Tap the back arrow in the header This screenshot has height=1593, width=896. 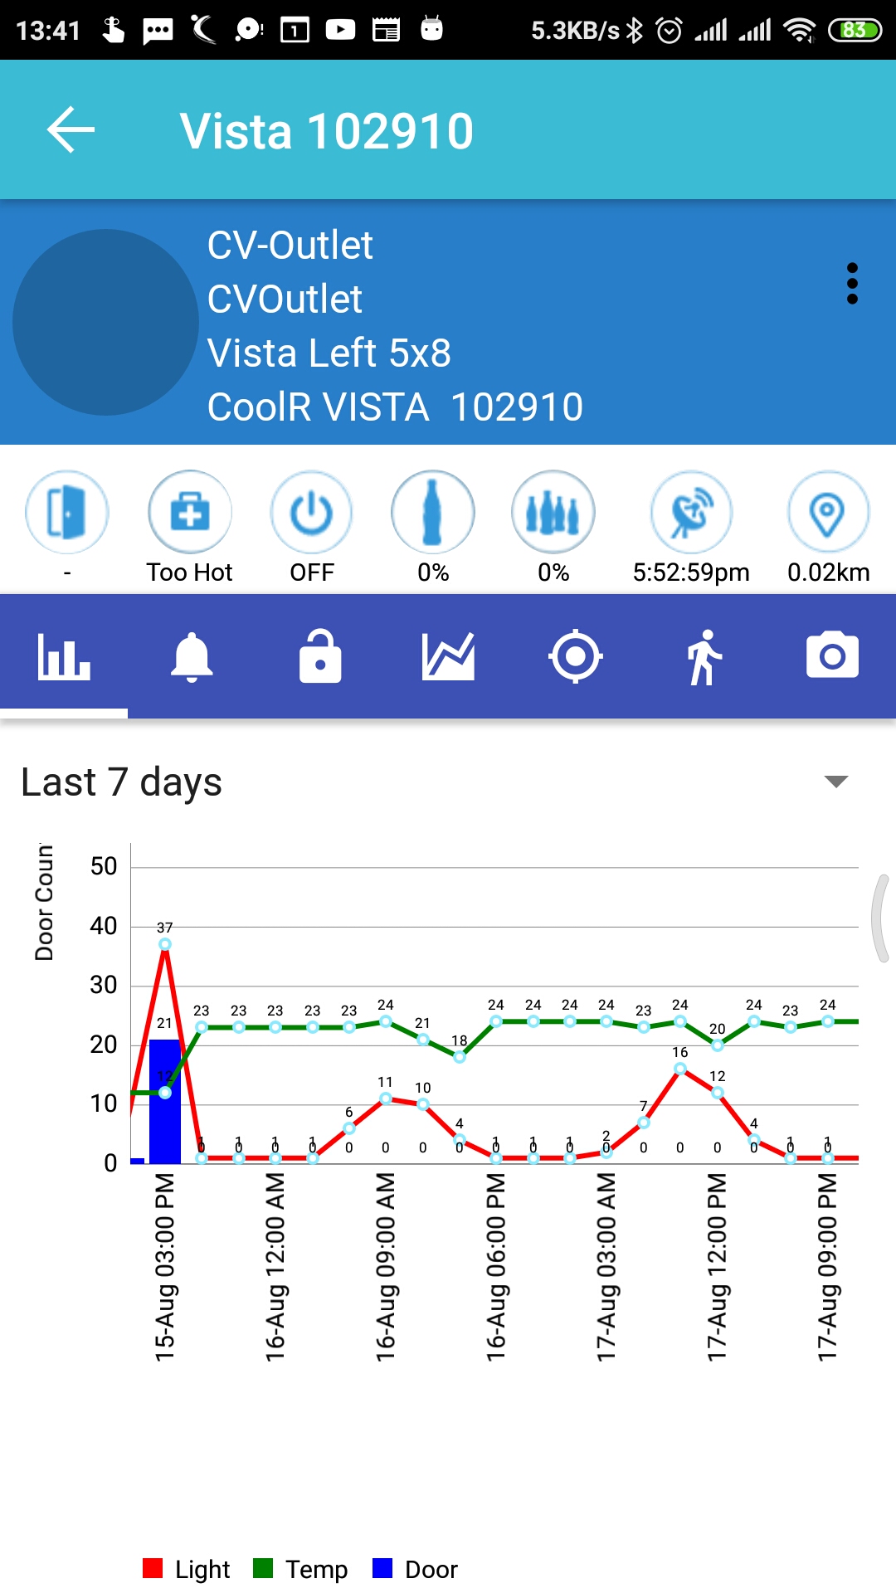click(x=71, y=130)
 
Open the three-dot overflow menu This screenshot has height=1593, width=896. click(x=852, y=284)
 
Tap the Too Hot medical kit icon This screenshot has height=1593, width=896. click(x=190, y=513)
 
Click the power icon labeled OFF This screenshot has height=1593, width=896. click(x=311, y=513)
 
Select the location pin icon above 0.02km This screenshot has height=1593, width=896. click(x=827, y=513)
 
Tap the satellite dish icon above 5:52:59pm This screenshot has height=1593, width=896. click(x=691, y=513)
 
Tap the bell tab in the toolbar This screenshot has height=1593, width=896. click(x=192, y=657)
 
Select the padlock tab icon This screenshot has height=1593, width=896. click(x=320, y=657)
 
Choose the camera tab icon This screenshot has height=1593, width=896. click(x=832, y=657)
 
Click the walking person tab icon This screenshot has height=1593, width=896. click(x=704, y=657)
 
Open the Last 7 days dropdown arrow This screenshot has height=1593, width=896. click(x=835, y=782)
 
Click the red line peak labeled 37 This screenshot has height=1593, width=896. click(x=165, y=944)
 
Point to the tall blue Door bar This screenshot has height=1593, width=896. click(x=164, y=1099)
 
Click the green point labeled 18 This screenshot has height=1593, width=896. click(x=460, y=1056)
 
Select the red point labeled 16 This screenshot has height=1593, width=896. click(x=680, y=1069)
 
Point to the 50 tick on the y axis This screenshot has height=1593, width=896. click(x=104, y=867)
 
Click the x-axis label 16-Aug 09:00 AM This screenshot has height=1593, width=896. click(x=386, y=1265)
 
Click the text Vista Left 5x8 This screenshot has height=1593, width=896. click(x=329, y=353)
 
